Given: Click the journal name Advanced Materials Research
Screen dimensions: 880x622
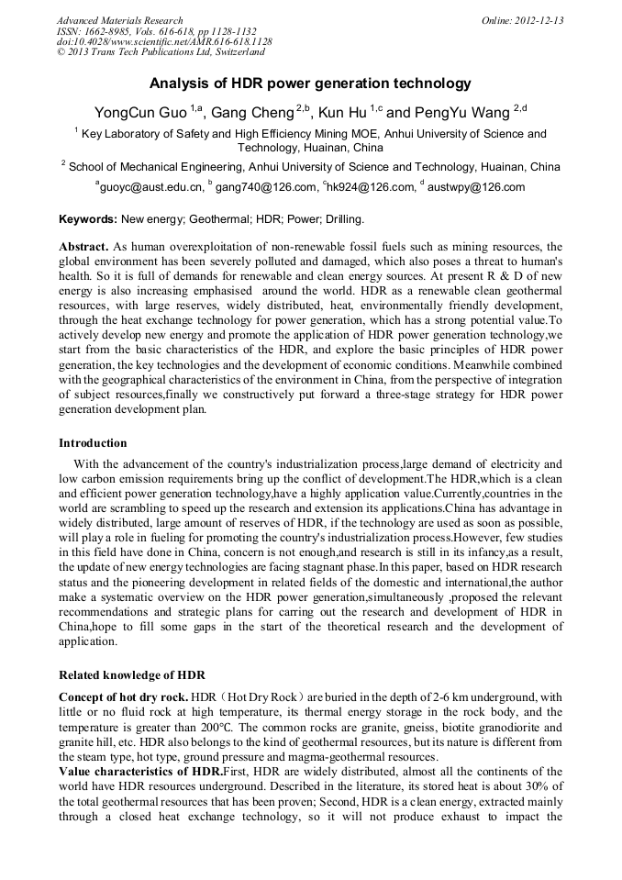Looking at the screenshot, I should tap(119, 20).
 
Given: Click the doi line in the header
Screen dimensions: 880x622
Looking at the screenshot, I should tap(164, 42).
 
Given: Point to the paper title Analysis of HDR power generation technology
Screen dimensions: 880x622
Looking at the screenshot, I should tap(310, 84).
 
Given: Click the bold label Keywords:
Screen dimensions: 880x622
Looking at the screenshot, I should tap(88, 220).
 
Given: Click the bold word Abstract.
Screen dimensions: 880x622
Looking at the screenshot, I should tap(83, 248).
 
